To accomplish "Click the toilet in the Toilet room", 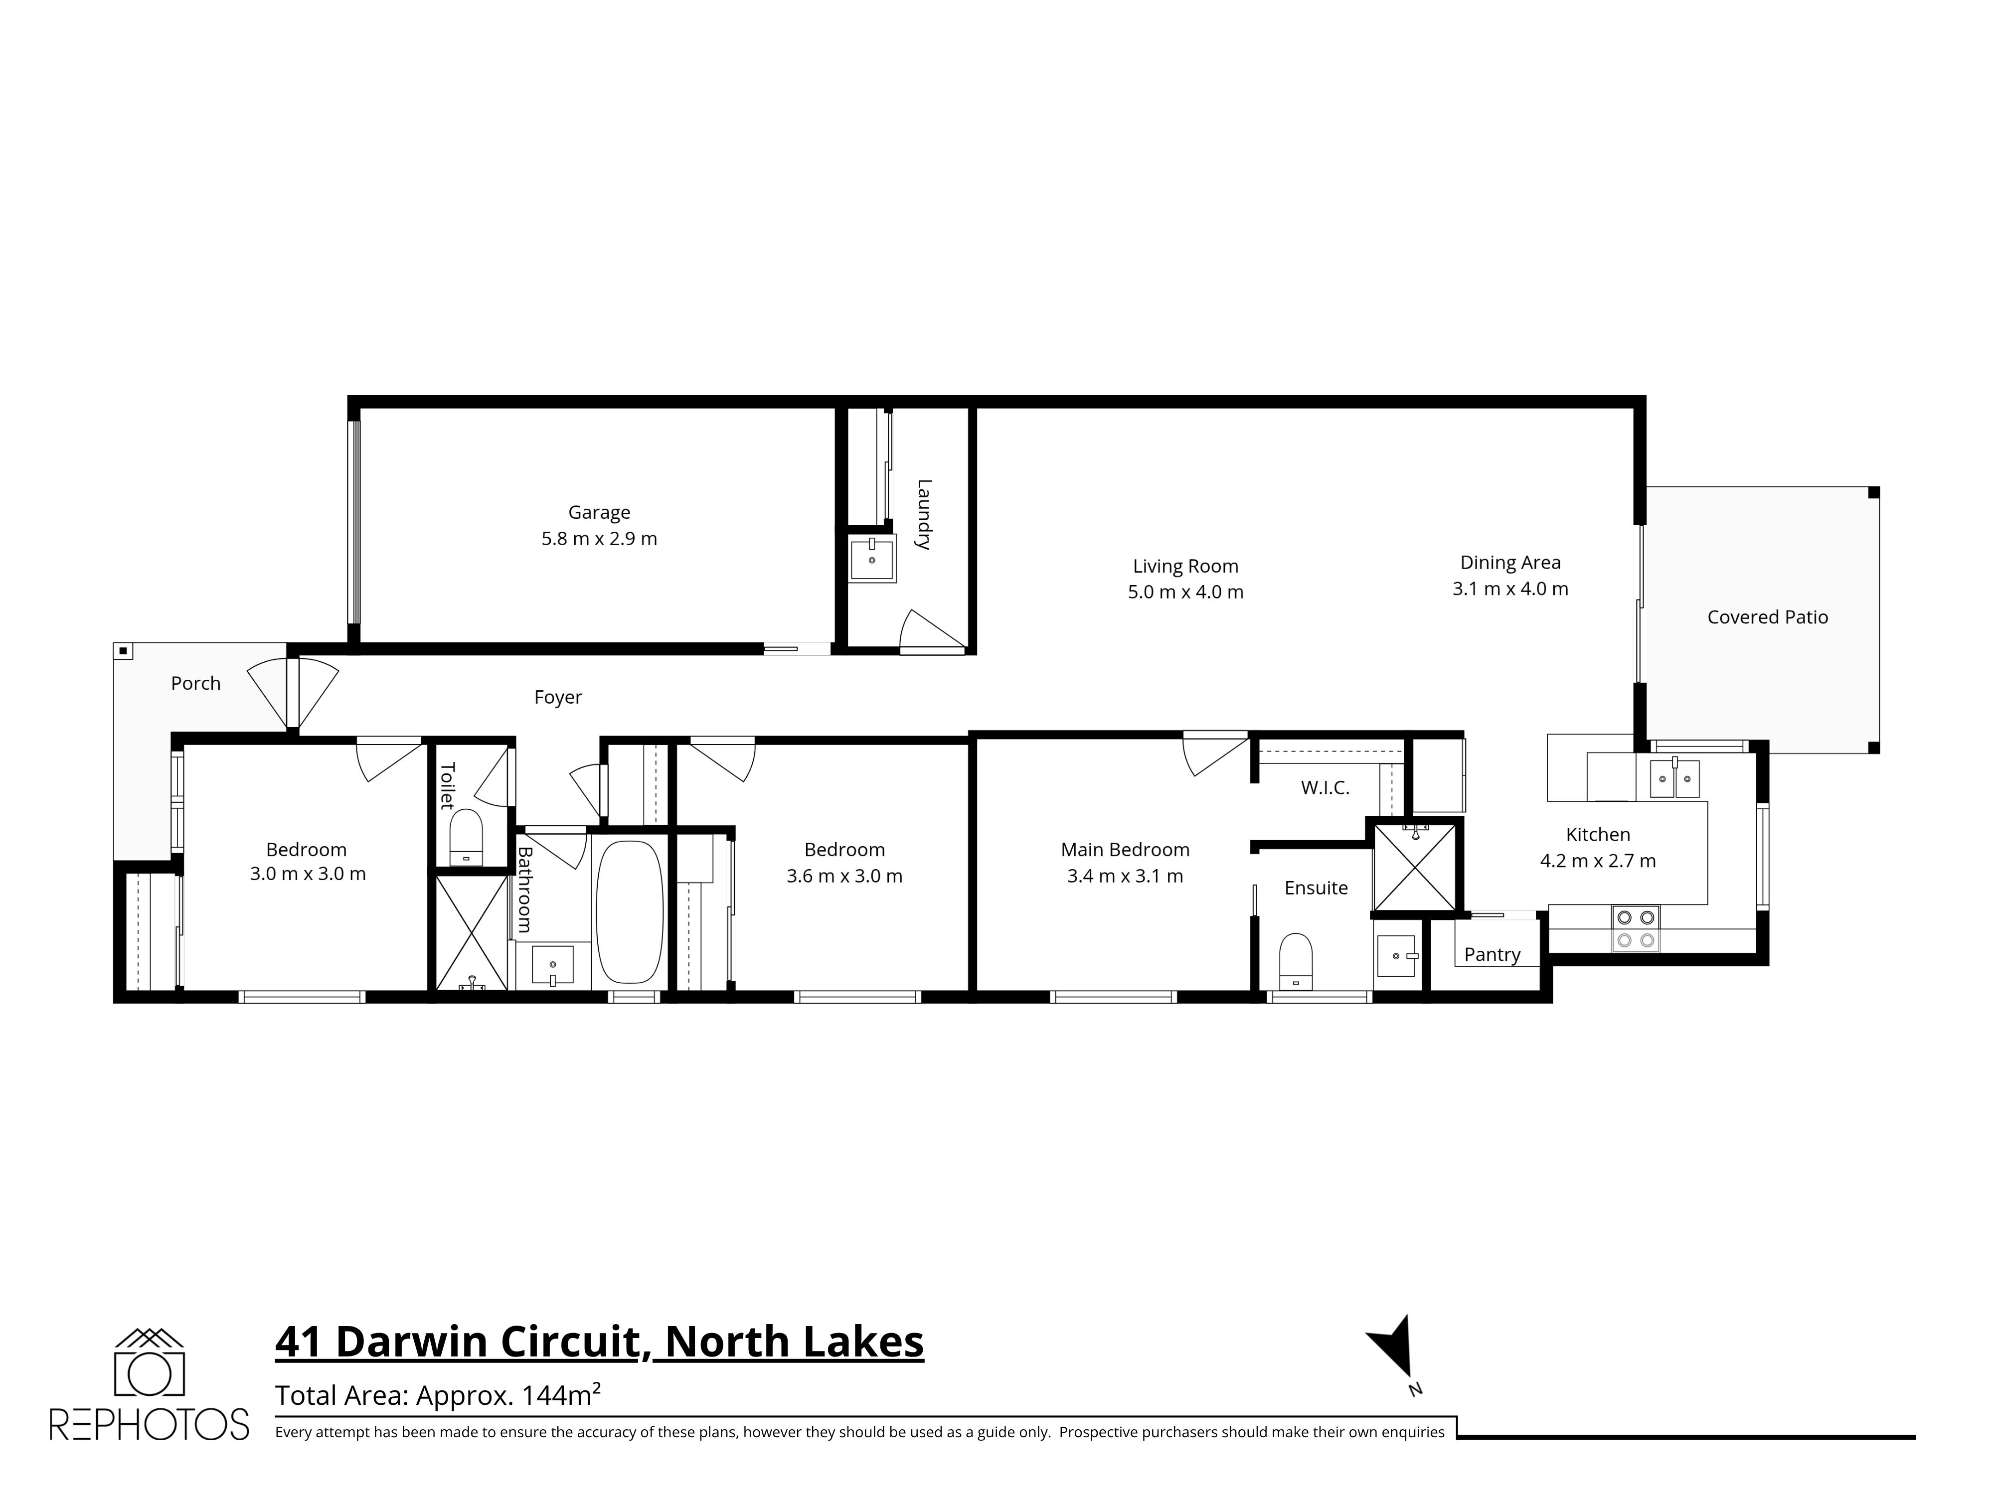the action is click(466, 838).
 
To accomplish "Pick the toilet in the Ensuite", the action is click(1296, 961).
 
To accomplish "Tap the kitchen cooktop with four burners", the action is click(1636, 929).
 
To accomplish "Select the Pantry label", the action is click(1492, 954).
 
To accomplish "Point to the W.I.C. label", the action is click(1324, 787).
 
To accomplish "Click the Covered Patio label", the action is click(1767, 617).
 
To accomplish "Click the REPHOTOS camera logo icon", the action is click(150, 1361).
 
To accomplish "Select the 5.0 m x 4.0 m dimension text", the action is click(1185, 592).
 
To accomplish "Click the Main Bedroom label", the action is click(1125, 850).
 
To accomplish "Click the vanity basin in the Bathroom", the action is click(552, 965).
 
